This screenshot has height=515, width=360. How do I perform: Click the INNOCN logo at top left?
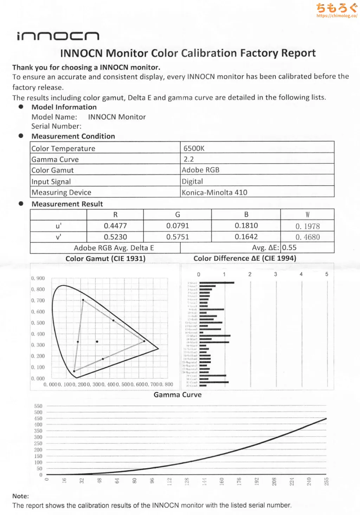click(x=58, y=36)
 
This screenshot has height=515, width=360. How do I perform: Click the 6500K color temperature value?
click(x=194, y=148)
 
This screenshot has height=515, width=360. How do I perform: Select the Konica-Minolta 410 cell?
click(x=214, y=192)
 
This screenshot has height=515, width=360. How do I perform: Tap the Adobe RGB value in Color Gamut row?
click(x=200, y=170)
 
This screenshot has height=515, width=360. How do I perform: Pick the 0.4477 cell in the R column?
click(x=115, y=226)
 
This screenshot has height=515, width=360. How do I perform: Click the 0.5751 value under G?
click(x=178, y=237)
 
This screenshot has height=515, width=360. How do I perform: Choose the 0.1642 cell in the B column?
click(x=246, y=237)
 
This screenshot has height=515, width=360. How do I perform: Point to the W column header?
click(x=308, y=215)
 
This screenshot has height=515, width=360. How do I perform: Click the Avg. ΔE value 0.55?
click(x=289, y=248)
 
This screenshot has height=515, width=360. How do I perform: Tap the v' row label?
click(x=58, y=237)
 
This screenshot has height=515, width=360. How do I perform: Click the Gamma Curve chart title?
click(x=178, y=395)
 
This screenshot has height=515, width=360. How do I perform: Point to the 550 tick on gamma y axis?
click(x=38, y=406)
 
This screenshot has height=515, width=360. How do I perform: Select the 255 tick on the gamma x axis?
click(x=326, y=481)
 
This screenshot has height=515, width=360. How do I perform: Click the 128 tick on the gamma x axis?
click(x=187, y=481)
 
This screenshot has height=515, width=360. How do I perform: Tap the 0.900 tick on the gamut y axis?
click(x=38, y=278)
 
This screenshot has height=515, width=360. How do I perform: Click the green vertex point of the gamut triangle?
click(x=83, y=300)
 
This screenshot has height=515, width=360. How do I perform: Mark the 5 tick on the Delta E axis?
click(x=327, y=274)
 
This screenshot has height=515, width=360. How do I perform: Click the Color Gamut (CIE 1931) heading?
click(x=105, y=259)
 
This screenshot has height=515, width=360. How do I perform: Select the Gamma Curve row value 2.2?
click(x=189, y=159)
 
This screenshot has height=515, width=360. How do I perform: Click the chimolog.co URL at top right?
click(x=337, y=16)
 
